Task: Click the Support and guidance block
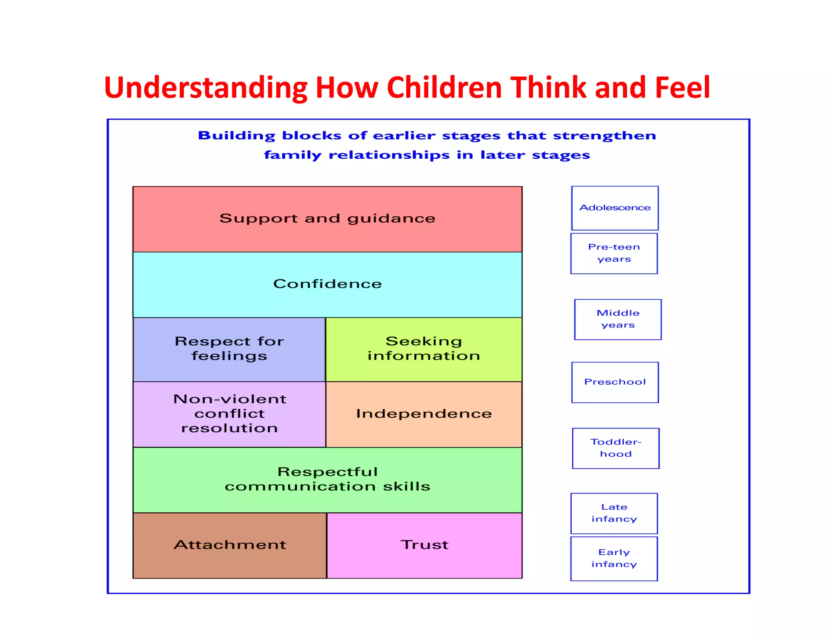coord(327,219)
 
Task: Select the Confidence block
coord(327,284)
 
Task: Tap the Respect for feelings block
coord(229,349)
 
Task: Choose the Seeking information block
coord(424,349)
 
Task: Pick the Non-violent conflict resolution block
coord(229,414)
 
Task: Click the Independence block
coord(424,414)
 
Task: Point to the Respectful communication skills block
coord(327,479)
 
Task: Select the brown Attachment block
coord(229,545)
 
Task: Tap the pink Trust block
coord(424,545)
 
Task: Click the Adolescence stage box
coord(615,208)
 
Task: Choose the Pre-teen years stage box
coord(614,253)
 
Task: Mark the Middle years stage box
coord(618,319)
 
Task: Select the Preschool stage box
coord(615,382)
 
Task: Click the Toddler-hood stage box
coord(615,448)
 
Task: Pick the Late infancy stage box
coord(614,513)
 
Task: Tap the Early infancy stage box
coord(614,558)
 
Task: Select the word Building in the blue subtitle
coord(236,136)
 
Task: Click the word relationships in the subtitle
coord(389,155)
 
